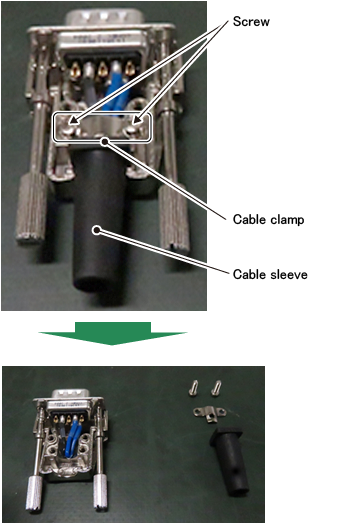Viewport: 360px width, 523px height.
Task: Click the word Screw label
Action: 251,21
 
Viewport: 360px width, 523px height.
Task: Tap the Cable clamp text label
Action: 269,219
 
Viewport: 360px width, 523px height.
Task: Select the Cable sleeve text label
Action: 270,275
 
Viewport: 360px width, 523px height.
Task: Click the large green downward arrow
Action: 113,333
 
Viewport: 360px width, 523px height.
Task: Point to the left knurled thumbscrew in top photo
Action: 32,207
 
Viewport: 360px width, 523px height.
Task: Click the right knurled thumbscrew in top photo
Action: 173,217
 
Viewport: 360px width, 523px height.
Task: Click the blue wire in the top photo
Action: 115,90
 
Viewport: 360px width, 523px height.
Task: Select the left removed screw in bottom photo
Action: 194,388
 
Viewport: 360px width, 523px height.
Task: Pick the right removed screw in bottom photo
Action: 217,388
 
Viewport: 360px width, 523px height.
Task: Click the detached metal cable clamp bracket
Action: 210,414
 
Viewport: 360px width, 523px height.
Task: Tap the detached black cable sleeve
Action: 229,460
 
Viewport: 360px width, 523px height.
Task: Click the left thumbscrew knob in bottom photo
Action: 34,493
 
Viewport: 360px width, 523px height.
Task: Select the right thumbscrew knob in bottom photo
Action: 100,493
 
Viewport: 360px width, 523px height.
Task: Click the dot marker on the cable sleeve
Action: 97,230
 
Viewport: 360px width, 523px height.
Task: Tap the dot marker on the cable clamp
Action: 105,142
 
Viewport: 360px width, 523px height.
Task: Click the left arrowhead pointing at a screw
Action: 74,119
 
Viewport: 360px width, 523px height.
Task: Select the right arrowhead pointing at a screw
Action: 137,119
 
